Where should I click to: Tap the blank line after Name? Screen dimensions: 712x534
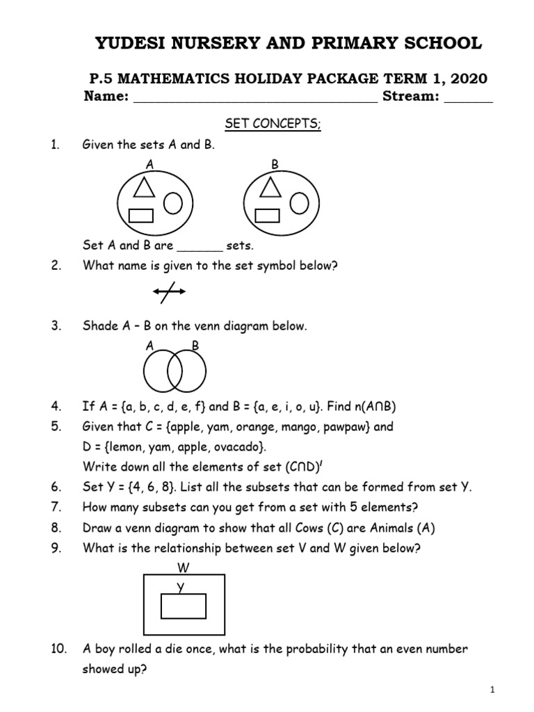point(254,98)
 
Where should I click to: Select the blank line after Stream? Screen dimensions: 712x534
point(468,98)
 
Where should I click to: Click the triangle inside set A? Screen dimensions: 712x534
point(144,187)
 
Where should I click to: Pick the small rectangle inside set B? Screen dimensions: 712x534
point(268,216)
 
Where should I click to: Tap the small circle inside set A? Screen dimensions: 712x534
point(173,203)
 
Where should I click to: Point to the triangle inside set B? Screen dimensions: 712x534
point(270,187)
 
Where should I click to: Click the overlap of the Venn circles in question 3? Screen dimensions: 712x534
point(175,369)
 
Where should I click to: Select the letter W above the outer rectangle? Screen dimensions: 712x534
point(184,567)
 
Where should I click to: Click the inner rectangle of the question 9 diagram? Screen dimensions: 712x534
point(184,606)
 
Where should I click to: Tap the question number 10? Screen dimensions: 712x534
point(58,649)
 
